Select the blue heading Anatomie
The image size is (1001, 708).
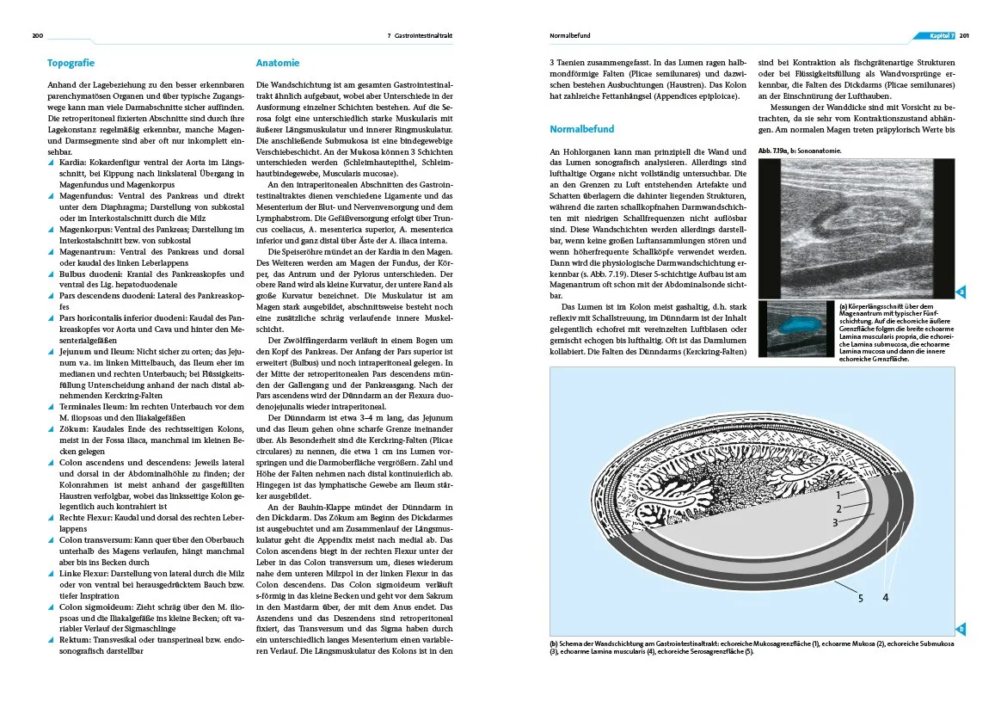(x=278, y=63)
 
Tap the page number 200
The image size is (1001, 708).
(x=38, y=36)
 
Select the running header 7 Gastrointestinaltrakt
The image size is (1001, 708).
(x=420, y=36)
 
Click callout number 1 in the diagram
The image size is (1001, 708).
(x=838, y=495)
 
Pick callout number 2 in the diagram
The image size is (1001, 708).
(x=838, y=508)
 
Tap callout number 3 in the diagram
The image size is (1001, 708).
(x=834, y=522)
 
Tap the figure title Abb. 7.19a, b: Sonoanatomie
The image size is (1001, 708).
(x=800, y=151)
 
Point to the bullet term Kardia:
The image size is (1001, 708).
(x=71, y=161)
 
